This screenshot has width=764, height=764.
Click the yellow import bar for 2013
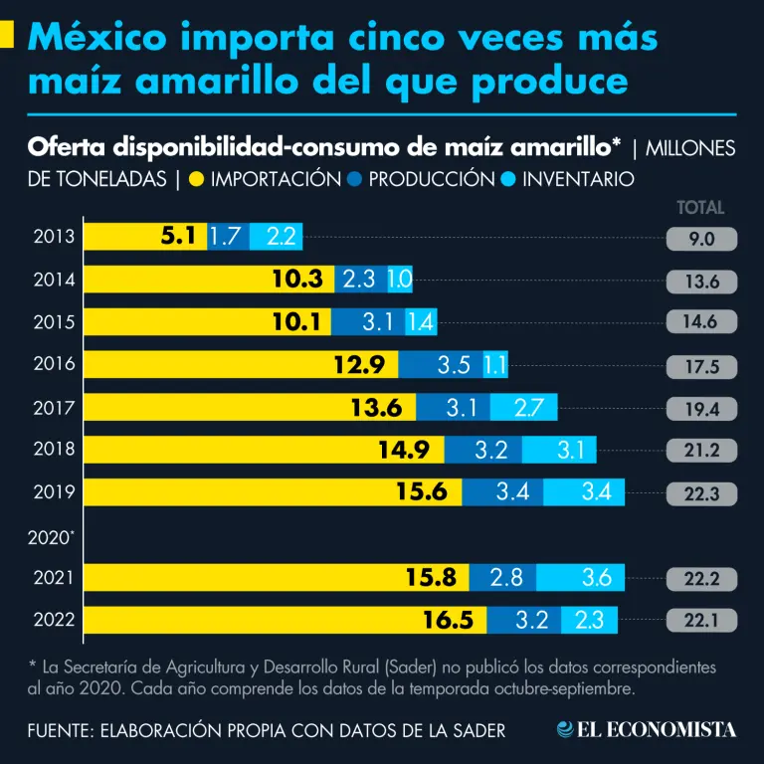pos(144,237)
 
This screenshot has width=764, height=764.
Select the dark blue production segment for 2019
pos(502,491)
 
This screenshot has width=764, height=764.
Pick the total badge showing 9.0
pos(701,239)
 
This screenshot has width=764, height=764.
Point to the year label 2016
pos(54,364)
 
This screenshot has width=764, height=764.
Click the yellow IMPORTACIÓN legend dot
pos(197,180)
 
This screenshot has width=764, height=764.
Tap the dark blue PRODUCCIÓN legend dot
pos(356,180)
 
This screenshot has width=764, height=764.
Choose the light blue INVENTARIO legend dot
pos(508,180)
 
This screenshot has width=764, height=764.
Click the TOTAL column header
pos(700,208)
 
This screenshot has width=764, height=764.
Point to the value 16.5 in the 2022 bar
pos(447,621)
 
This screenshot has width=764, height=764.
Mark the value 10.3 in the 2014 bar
pos(297,280)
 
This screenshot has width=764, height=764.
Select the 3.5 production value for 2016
pos(454,364)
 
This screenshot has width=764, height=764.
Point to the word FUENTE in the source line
pos(59,730)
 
